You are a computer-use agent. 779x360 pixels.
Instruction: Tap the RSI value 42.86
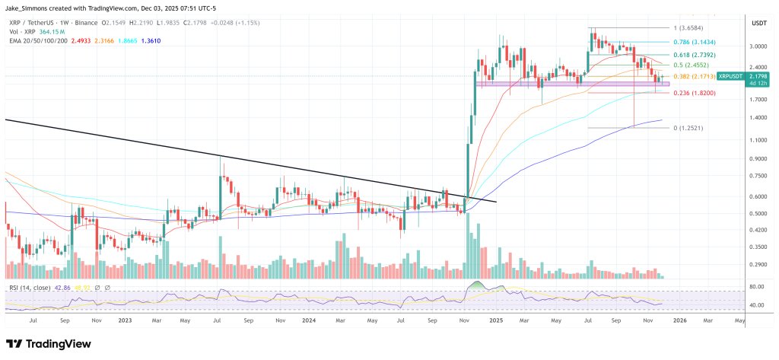pos(68,288)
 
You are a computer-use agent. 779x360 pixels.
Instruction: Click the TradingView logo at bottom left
pos(49,344)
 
